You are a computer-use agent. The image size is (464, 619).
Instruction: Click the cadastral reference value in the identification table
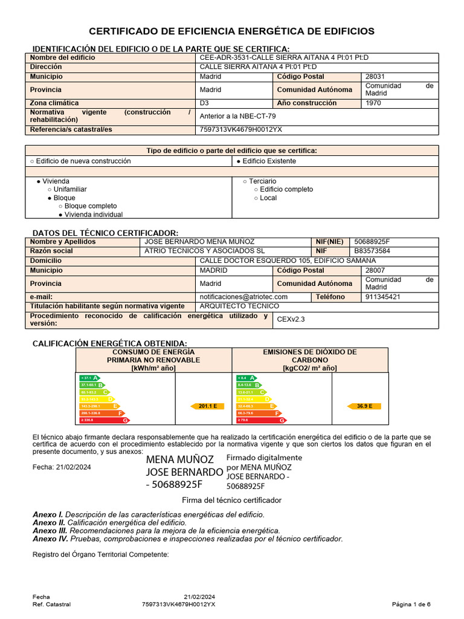tap(240, 129)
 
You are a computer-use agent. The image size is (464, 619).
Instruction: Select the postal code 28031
tap(375, 77)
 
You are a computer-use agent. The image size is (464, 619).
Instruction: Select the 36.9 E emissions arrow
tap(364, 406)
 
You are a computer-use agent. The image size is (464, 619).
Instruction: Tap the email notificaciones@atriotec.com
tap(243, 297)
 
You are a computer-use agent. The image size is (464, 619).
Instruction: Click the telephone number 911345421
tap(383, 297)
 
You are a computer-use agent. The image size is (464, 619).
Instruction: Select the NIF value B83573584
tap(372, 251)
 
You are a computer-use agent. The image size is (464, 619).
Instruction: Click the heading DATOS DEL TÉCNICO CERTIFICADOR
tap(105, 233)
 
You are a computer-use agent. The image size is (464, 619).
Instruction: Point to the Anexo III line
tap(156, 530)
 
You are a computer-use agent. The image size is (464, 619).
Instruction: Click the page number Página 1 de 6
tap(411, 604)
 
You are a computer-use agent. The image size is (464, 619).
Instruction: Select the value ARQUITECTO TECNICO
tap(239, 306)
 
